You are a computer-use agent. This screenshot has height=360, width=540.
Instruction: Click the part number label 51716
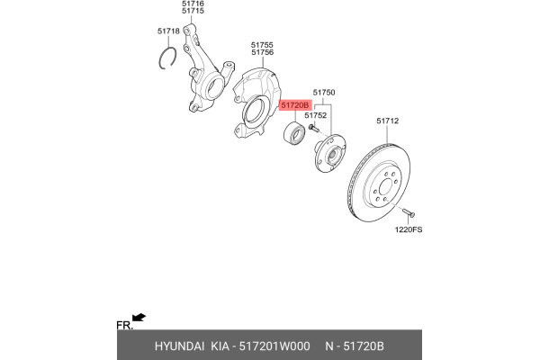pos(193,4)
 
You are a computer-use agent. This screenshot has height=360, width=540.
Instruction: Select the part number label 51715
pos(193,12)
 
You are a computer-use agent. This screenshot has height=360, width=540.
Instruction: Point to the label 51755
pos(262,45)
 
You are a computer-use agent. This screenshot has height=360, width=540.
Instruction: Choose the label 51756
pos(262,53)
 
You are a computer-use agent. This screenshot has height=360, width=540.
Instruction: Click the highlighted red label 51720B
pos(294,105)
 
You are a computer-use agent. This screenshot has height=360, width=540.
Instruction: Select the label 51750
pos(323,93)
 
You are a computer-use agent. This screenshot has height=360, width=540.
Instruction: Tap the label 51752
pos(315,115)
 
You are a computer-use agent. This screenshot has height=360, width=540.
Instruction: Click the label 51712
pos(387,121)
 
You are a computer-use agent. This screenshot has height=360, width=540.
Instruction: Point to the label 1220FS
pos(408,229)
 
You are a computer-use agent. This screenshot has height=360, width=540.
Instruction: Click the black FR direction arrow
pos(139,317)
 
